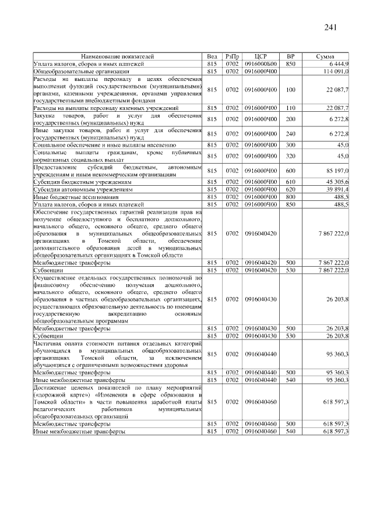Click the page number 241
tap(331, 27)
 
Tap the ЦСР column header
tap(261, 56)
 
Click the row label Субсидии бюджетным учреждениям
tap(82, 182)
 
